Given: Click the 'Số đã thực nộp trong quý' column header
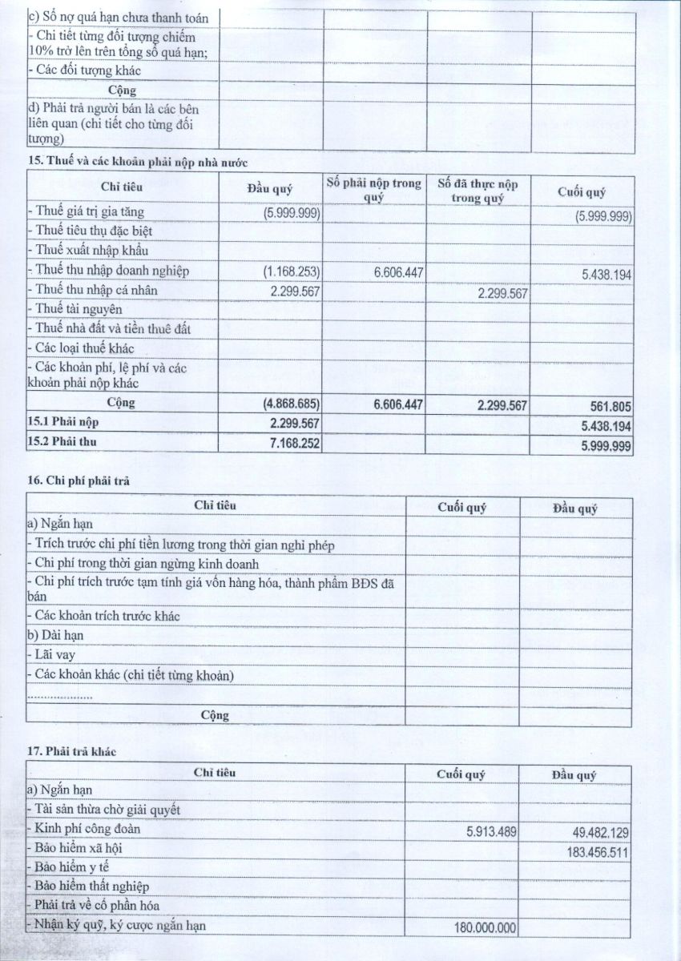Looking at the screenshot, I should click(x=478, y=191).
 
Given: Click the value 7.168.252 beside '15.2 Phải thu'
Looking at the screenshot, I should click(x=290, y=441).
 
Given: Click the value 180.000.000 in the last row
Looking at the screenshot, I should click(x=481, y=928).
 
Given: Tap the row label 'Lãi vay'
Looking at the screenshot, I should click(x=50, y=656).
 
